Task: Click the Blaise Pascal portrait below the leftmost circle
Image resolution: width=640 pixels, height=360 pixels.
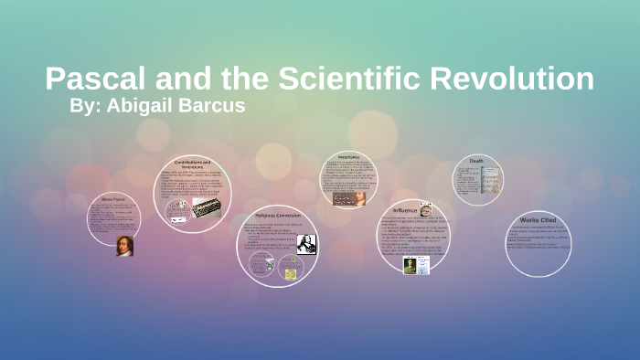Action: (124, 246)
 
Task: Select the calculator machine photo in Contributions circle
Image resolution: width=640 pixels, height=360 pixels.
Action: (208, 208)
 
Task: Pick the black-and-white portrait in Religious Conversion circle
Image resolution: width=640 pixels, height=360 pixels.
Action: (305, 245)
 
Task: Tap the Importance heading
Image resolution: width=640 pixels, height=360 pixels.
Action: (354, 155)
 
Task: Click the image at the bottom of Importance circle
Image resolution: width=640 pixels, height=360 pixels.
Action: (347, 196)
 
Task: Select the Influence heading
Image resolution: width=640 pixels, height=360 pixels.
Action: (405, 210)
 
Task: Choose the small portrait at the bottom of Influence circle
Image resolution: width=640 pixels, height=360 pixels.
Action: (411, 265)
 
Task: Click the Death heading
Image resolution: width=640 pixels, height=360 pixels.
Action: (476, 161)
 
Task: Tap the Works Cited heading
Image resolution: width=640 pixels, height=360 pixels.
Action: (538, 220)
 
